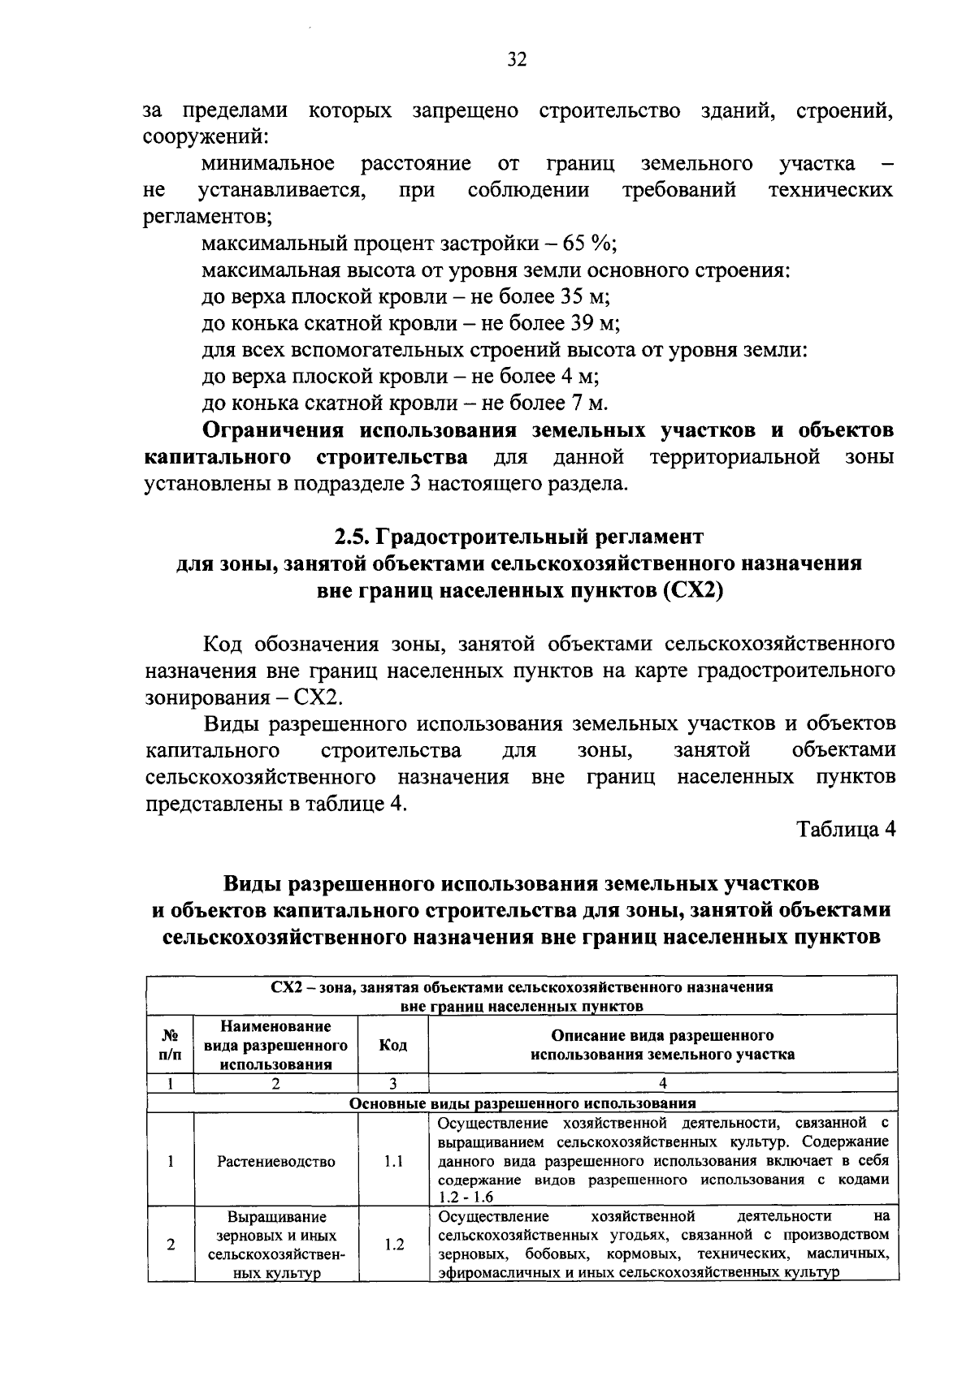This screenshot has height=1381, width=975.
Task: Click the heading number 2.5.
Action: [x=353, y=537]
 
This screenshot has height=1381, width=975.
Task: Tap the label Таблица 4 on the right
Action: [x=845, y=830]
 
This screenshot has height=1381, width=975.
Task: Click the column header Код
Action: [x=393, y=1045]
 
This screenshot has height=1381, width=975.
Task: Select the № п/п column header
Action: [x=171, y=1045]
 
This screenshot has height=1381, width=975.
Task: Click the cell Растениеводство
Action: [x=276, y=1162]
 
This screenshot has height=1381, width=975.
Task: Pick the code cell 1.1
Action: [x=393, y=1162]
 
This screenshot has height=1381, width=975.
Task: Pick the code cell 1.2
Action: [x=393, y=1244]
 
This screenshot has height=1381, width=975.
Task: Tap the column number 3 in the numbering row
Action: [x=392, y=1083]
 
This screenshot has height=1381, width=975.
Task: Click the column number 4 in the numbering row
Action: [x=662, y=1083]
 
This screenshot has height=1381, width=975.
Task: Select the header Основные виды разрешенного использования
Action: [x=522, y=1104]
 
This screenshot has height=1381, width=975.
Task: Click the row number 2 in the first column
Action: [x=171, y=1244]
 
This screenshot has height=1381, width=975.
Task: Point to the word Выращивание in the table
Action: [x=276, y=1217]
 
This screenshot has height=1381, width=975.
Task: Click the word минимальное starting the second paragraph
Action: [x=267, y=164]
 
